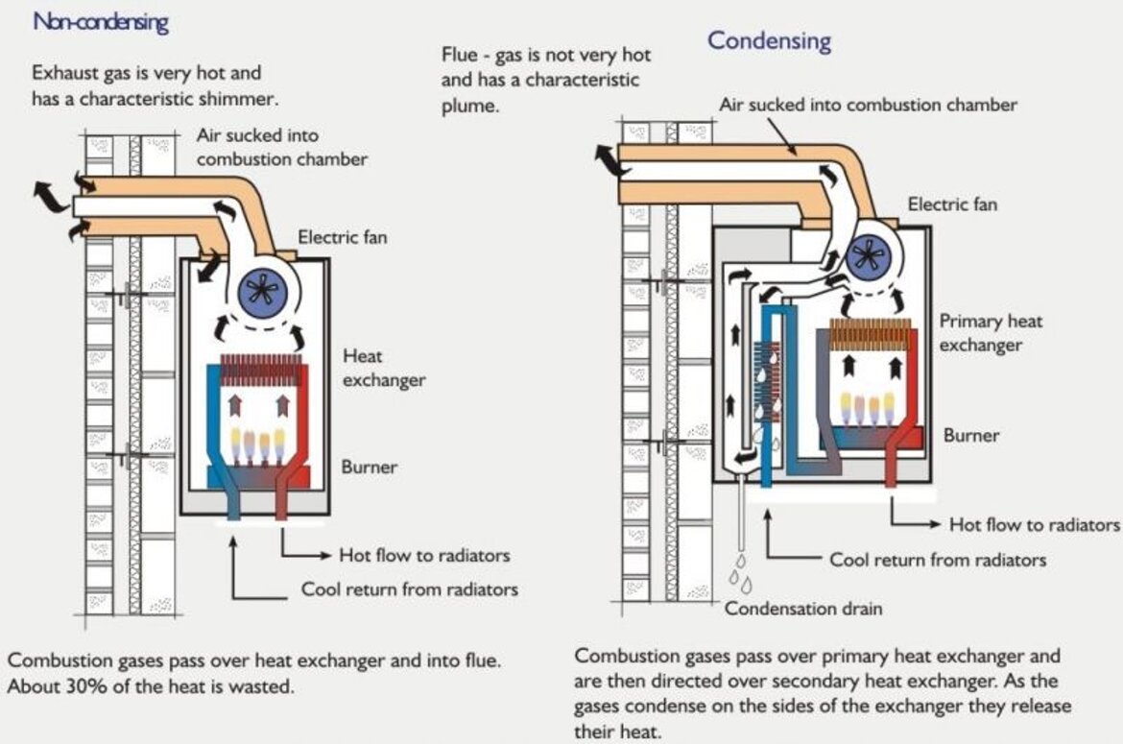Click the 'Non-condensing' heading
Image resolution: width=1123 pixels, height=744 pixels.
point(101,23)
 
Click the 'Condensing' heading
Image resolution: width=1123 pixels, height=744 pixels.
point(769,41)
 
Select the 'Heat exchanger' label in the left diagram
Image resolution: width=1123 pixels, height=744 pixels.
point(384,368)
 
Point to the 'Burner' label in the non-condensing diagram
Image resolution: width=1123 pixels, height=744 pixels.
point(370,468)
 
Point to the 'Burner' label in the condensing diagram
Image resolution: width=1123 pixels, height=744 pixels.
point(971,435)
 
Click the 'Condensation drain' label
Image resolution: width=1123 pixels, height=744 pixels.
point(802,608)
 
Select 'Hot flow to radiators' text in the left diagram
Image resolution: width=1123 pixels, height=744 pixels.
point(424,555)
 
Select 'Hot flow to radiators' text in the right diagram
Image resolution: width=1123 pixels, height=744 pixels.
point(1035,524)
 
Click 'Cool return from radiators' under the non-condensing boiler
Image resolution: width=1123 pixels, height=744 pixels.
point(410,588)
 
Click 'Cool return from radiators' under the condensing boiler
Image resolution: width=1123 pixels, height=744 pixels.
point(938,559)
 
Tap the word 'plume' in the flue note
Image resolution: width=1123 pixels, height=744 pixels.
point(469,106)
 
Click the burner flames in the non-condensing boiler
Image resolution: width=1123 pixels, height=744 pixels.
point(258,443)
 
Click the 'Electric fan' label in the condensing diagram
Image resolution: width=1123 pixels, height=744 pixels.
point(952,204)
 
